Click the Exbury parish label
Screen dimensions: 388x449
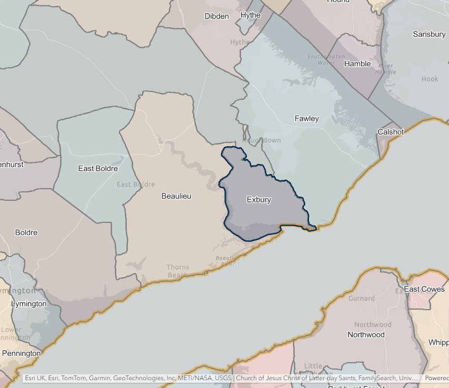pos(258,200)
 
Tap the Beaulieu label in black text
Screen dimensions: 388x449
pos(176,196)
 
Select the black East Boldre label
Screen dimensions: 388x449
pos(98,169)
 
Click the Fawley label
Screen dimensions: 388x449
pos(306,119)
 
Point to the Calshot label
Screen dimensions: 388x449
pos(391,132)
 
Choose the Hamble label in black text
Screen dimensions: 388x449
pos(357,64)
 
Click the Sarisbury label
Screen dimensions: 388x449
pos(429,34)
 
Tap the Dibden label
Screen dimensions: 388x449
pos(216,16)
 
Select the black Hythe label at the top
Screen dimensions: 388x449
pos(250,15)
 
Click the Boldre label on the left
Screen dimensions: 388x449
pos(26,232)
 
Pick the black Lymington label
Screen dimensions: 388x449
pos(28,304)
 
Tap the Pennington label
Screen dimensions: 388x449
pos(21,353)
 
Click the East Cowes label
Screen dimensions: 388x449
pos(424,289)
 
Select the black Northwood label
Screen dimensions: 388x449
pos(366,334)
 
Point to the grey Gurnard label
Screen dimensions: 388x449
pos(362,298)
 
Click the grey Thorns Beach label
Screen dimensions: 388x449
pos(178,271)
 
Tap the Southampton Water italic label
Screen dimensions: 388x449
pos(326,59)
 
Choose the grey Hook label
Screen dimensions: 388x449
pos(430,79)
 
